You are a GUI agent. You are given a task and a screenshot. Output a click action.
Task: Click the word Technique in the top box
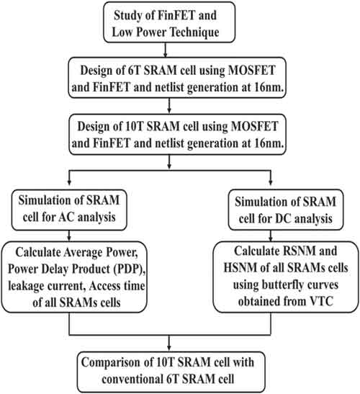pyautogui.click(x=194, y=32)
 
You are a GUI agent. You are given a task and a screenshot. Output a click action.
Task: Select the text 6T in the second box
pyautogui.click(x=135, y=71)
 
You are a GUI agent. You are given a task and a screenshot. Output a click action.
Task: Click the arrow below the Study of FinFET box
pyautogui.click(x=165, y=50)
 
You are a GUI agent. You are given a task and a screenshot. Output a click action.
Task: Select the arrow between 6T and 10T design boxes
pyautogui.click(x=169, y=106)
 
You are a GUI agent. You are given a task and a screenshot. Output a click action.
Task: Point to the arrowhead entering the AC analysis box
pyautogui.click(x=69, y=183)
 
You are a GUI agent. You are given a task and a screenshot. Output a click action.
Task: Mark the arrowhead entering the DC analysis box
pyautogui.click(x=271, y=183)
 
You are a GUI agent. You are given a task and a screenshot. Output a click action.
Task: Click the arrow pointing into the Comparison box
pyautogui.click(x=169, y=343)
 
